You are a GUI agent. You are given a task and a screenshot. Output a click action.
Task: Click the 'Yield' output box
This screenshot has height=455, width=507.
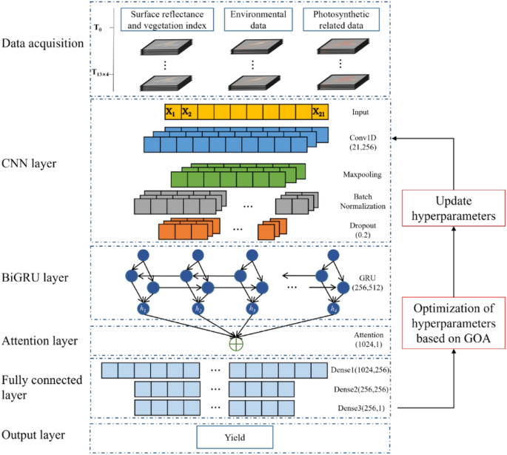pyautogui.click(x=234, y=436)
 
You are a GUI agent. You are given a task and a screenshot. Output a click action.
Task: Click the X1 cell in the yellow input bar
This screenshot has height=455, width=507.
pyautogui.click(x=171, y=113)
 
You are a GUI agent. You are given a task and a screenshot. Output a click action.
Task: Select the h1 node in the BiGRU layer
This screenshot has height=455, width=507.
pyautogui.click(x=143, y=308)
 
